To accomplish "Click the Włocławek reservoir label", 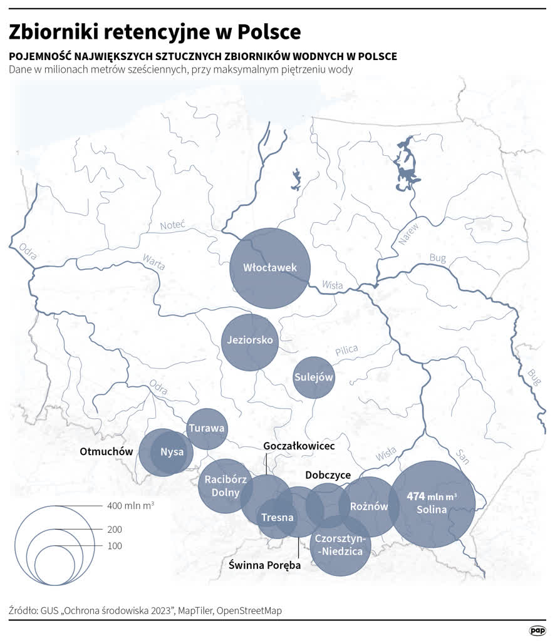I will (270, 268).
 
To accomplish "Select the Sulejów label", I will (313, 377).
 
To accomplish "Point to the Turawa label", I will (206, 429).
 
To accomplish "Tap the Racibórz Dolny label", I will (226, 486).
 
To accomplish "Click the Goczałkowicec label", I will (299, 446).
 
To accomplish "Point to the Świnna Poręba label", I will (264, 565).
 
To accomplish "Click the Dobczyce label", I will (328, 474).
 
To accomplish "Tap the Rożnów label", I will (369, 506).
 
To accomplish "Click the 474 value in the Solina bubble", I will (416, 496).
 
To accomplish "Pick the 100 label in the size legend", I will (115, 546).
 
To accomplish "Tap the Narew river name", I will (408, 233).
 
